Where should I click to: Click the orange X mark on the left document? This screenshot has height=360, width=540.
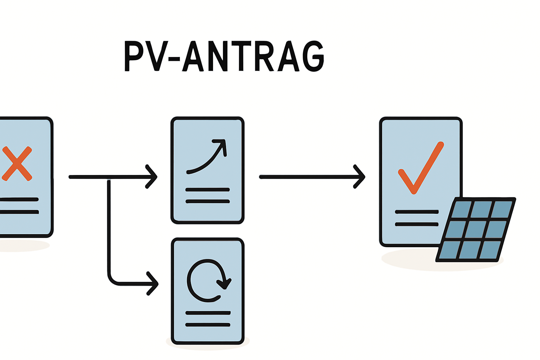point(17,164)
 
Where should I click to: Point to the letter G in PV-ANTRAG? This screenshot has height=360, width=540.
point(313,56)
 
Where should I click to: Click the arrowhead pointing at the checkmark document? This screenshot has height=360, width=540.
point(360,176)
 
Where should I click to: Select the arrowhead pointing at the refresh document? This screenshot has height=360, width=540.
point(153,283)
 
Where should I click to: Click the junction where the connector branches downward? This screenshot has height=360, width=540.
point(109,178)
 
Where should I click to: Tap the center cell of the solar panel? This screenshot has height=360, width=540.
point(476,230)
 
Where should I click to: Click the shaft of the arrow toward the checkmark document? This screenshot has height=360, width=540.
point(306,177)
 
